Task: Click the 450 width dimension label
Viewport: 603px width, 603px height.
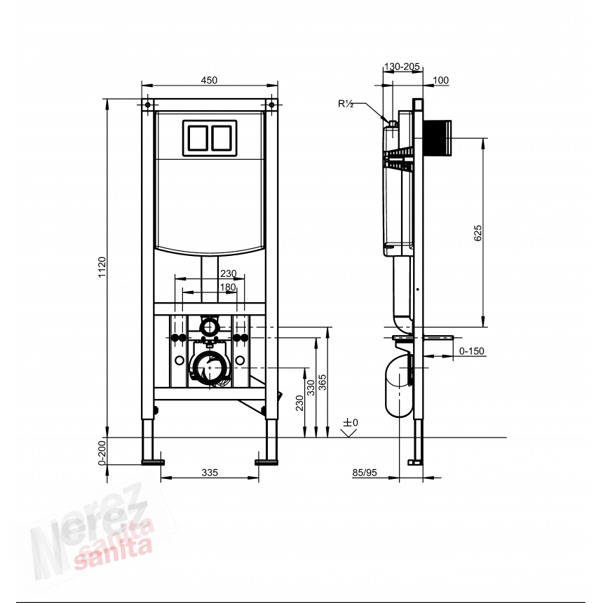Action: click(209, 81)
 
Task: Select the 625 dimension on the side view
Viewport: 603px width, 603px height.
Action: click(477, 234)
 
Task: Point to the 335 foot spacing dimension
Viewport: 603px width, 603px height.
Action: click(209, 473)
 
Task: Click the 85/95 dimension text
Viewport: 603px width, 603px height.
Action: click(365, 473)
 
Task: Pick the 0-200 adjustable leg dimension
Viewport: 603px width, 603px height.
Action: click(102, 452)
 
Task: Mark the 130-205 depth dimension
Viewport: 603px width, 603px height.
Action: click(402, 67)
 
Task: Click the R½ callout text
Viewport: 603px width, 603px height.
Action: click(346, 104)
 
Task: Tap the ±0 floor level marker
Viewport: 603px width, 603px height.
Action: click(351, 423)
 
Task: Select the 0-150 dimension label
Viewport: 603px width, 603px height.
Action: click(472, 351)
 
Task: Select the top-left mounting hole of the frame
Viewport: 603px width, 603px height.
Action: click(148, 105)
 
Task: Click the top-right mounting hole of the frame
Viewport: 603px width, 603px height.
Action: click(271, 105)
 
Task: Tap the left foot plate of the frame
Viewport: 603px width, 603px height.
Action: click(153, 461)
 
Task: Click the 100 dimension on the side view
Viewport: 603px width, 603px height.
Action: click(440, 81)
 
